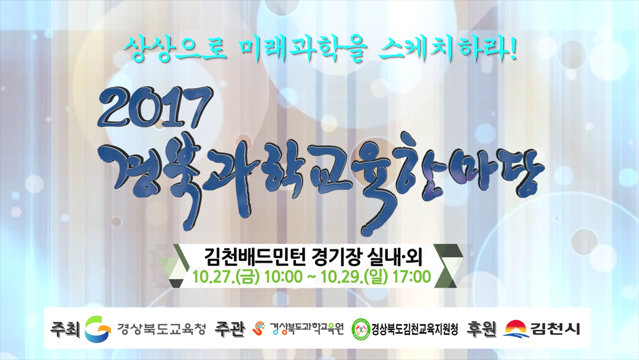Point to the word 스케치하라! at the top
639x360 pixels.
(x=449, y=50)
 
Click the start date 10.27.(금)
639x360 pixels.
(x=226, y=276)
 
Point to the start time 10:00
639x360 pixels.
(x=283, y=276)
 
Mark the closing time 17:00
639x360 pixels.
(x=412, y=276)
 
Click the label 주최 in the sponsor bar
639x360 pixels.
(x=65, y=329)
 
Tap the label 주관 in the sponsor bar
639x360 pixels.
(x=230, y=329)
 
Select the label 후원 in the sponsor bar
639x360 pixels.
(x=481, y=329)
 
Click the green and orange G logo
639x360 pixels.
(x=97, y=328)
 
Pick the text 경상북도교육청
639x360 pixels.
(x=162, y=328)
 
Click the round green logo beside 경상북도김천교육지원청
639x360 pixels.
(x=360, y=328)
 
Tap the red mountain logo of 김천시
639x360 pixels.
(x=516, y=329)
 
